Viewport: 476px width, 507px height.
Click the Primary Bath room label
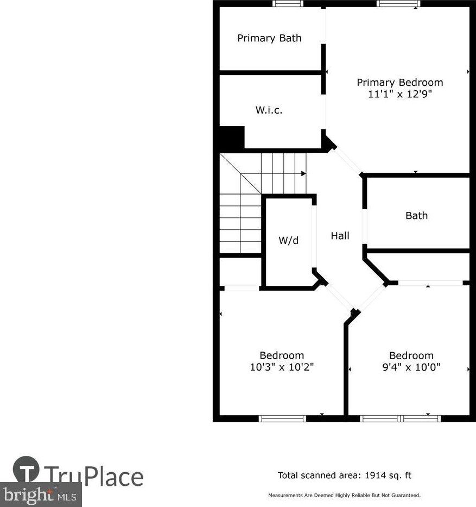(x=269, y=38)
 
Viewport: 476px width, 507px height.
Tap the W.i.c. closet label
(x=269, y=110)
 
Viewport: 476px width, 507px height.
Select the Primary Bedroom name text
(x=399, y=83)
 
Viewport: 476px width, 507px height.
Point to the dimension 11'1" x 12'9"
(x=399, y=93)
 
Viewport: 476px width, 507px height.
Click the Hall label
(x=340, y=236)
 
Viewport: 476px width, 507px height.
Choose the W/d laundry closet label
(x=288, y=240)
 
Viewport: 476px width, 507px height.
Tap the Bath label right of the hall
(x=416, y=216)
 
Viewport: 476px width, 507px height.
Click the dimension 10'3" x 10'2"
(x=282, y=367)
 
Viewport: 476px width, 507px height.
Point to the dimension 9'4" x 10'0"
(x=411, y=367)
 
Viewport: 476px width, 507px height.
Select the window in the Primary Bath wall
(x=288, y=3)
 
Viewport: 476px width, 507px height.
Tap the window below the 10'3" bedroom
(x=282, y=418)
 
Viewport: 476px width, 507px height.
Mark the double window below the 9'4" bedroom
(x=401, y=418)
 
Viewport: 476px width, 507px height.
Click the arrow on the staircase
(x=303, y=173)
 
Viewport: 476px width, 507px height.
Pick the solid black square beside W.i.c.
(x=232, y=137)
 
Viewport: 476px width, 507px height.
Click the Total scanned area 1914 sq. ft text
(x=345, y=475)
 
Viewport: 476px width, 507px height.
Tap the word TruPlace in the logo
(x=93, y=477)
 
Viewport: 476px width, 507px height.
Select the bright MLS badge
(x=41, y=495)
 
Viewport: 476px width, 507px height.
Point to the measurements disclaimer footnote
(x=345, y=496)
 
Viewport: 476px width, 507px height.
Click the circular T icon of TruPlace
(x=26, y=469)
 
